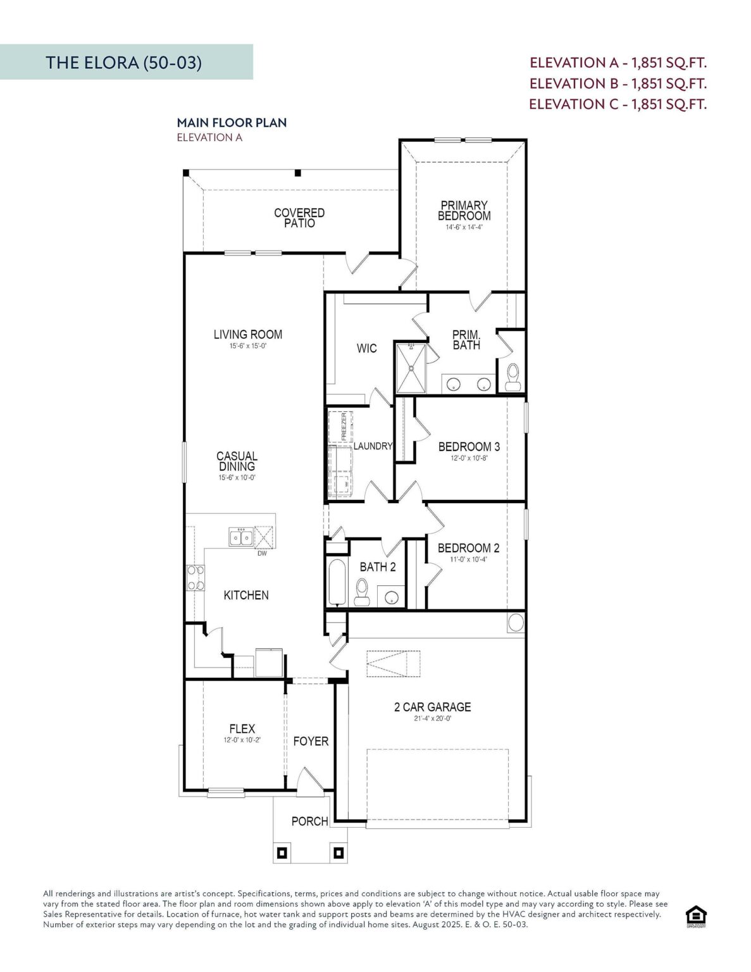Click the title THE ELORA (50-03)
(x=123, y=62)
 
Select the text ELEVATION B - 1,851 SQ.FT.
(x=618, y=83)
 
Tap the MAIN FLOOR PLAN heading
(x=232, y=122)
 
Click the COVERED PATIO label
(x=299, y=218)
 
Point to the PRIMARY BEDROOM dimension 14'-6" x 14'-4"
(x=464, y=227)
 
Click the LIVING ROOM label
(x=247, y=334)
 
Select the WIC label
(x=366, y=348)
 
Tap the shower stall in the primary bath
(x=411, y=367)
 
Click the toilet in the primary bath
(x=512, y=377)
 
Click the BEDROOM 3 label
(x=469, y=446)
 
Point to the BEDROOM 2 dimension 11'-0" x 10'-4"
(x=468, y=559)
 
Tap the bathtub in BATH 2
(x=337, y=582)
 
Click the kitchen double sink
(x=241, y=537)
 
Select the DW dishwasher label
(x=262, y=554)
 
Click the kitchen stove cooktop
(x=196, y=577)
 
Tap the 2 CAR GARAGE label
(x=432, y=707)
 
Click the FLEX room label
(x=242, y=729)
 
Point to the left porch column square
(x=282, y=853)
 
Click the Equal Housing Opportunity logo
(x=696, y=916)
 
